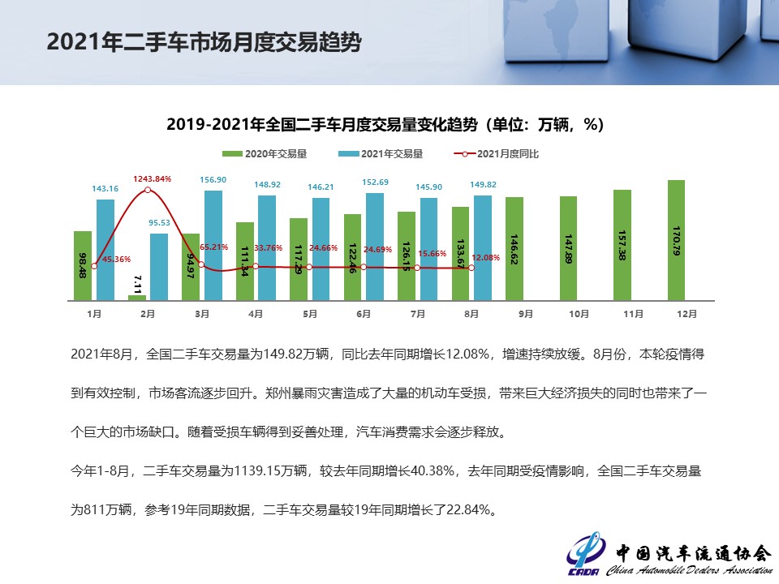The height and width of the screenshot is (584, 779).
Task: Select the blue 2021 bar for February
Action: coord(159,266)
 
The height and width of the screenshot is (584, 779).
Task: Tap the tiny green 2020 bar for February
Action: coord(137,297)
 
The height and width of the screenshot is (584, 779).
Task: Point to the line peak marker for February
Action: coord(148,191)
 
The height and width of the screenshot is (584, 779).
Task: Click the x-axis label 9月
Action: coord(525,312)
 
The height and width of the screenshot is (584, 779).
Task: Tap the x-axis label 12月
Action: coord(686,312)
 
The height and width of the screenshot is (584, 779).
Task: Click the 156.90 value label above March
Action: coord(213,180)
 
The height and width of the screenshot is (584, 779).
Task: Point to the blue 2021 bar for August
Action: coord(483,247)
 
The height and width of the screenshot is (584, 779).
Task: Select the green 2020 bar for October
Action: coord(568,247)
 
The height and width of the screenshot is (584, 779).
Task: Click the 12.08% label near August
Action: coord(485,257)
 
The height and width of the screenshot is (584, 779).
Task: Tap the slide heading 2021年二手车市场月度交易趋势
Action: coord(204,42)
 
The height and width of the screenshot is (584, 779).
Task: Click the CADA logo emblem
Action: coord(584,553)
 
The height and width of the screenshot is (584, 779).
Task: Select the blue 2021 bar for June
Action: coord(375,246)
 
